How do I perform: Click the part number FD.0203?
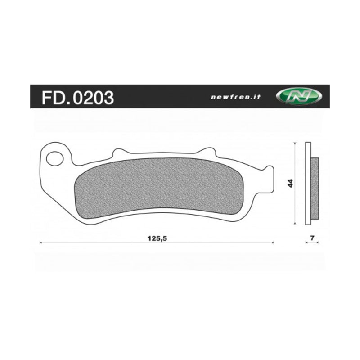pos(77,97)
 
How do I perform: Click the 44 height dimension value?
pos(290,183)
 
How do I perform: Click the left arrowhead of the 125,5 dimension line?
pos(41,243)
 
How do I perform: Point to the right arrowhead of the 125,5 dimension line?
pos(273,243)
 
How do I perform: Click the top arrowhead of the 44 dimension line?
pos(294,144)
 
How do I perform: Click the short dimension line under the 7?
pos(312,243)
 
